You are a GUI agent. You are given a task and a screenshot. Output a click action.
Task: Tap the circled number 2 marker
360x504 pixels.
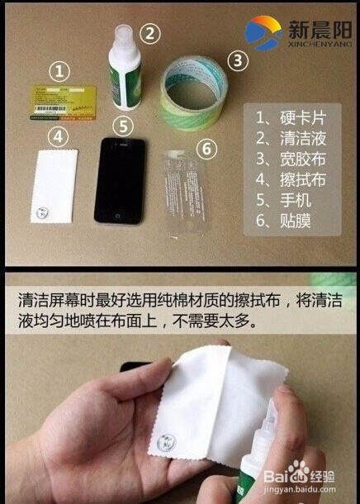(x=149, y=34)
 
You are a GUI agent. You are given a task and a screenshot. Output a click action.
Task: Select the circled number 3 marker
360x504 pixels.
(x=237, y=59)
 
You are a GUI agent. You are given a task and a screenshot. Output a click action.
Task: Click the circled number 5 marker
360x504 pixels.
(x=122, y=126)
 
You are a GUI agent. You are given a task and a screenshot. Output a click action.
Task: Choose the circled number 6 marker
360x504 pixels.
(x=206, y=148)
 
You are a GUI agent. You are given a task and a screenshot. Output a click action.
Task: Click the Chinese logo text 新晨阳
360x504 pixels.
(x=318, y=28)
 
